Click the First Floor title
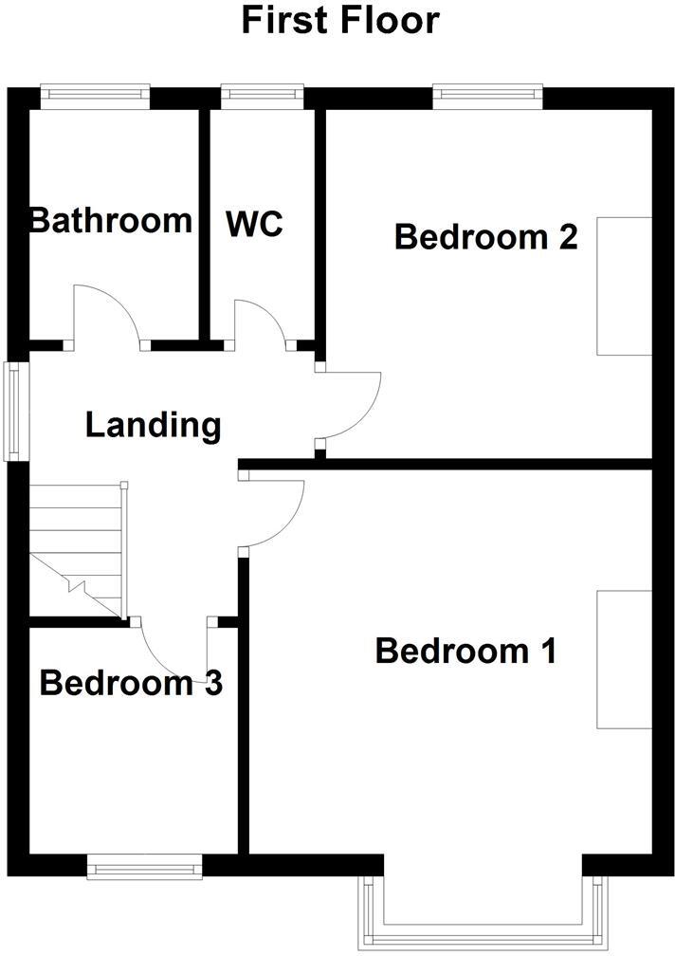340,20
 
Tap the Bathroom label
111,221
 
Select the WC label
254,225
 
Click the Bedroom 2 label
485,236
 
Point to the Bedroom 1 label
465,652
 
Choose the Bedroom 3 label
131,683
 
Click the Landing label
153,426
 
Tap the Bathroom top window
95,93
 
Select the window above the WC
262,93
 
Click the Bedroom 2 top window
487,93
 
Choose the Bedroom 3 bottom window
144,866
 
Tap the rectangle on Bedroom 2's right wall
624,285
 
